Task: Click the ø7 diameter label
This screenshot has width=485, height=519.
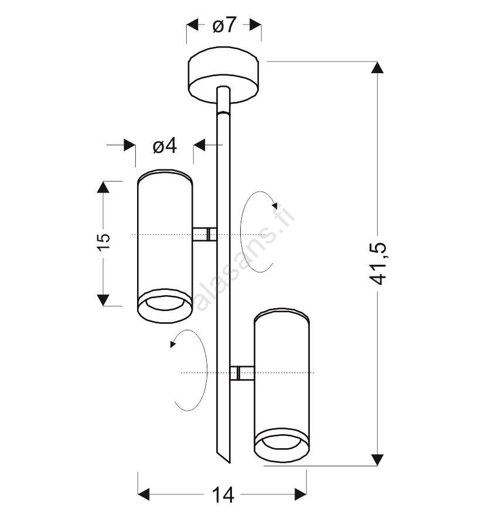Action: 224,25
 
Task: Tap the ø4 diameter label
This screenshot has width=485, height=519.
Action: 165,146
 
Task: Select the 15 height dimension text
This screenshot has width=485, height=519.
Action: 104,242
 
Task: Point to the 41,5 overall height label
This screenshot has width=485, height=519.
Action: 378,264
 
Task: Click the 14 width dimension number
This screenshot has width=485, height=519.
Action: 223,494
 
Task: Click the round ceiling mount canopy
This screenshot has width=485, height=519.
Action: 224,75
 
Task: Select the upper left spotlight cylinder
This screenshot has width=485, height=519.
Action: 165,246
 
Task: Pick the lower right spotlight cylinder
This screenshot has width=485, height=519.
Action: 282,385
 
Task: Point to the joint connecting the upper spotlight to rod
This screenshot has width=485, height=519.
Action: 204,234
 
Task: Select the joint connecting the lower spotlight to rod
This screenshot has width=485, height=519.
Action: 242,373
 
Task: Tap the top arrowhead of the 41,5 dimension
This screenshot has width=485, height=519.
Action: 377,68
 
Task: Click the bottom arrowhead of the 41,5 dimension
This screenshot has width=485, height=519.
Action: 377,460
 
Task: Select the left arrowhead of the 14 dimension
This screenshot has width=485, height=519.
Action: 144,494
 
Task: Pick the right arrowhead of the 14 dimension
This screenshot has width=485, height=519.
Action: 300,494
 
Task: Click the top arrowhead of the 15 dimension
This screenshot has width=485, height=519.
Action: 103,187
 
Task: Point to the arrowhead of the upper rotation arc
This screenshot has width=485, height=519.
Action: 275,206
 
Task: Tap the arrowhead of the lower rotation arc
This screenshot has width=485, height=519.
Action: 172,344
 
